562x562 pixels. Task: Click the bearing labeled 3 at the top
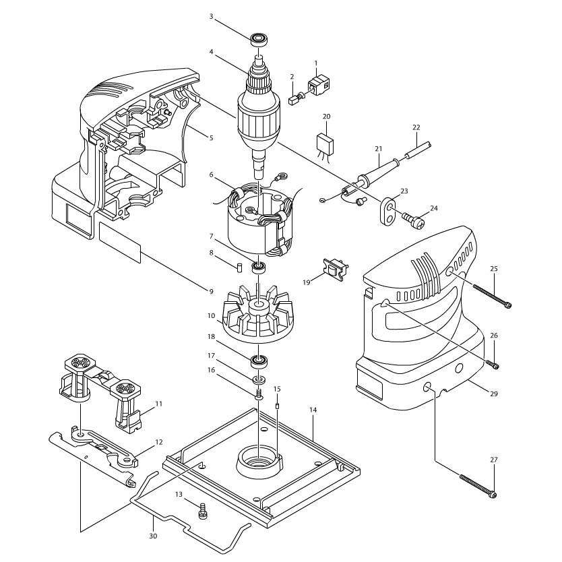257,39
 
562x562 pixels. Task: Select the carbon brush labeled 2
296,98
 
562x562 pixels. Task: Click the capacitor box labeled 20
325,144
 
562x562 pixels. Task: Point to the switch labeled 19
336,268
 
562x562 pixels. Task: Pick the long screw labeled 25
492,296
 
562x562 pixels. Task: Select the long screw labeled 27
478,486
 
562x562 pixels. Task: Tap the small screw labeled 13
203,509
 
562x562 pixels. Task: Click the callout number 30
153,536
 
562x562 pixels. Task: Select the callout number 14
313,410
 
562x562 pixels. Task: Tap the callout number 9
212,291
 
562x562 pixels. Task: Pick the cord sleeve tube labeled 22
418,150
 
